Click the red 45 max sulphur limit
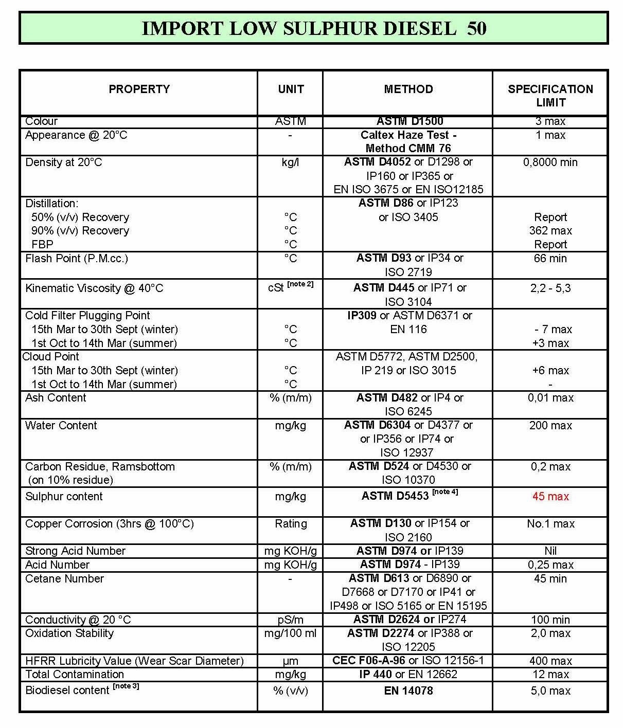(x=550, y=497)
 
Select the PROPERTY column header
(x=139, y=89)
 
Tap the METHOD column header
(x=408, y=89)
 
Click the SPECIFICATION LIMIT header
(x=550, y=96)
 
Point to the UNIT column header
(x=291, y=89)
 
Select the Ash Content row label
(x=56, y=398)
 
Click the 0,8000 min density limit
(x=550, y=162)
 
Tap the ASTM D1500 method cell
(x=410, y=121)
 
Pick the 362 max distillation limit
(x=550, y=231)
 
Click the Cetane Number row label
(x=64, y=579)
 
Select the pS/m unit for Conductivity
(x=291, y=620)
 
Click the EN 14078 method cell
(x=408, y=691)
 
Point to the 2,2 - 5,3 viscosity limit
(x=550, y=288)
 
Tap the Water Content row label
(x=61, y=426)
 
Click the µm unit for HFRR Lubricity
(x=291, y=661)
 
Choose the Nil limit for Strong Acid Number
(x=550, y=551)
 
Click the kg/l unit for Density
(x=291, y=162)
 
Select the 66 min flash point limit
(x=550, y=259)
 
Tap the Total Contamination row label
(x=75, y=675)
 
